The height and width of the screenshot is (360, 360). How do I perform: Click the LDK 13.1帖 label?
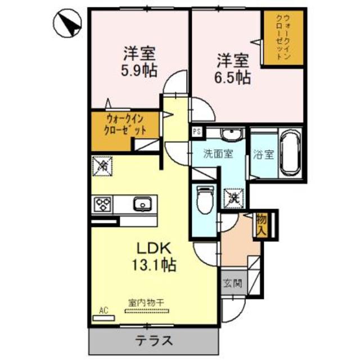point(151,256)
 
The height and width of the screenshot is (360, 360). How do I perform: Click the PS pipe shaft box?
point(196,132)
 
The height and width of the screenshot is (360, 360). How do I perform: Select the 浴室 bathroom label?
point(263,154)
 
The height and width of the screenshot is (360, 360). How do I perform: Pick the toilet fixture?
point(205,201)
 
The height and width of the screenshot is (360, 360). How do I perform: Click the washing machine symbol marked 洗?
point(232,197)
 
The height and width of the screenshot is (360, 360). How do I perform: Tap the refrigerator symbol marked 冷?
point(102,165)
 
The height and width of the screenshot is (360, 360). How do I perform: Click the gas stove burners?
point(103,203)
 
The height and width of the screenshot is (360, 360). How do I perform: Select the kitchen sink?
point(142,203)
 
